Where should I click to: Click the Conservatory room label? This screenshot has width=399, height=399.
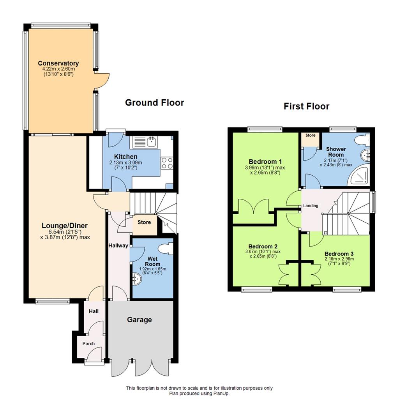58,63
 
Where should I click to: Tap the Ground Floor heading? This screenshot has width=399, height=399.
154,102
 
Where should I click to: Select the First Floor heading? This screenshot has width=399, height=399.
306,106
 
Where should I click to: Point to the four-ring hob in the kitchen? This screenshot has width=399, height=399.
167,163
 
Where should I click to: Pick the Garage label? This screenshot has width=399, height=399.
139,320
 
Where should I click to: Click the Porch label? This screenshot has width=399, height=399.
88,344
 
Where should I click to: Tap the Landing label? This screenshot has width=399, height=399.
311,206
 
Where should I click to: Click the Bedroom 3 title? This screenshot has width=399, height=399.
339,254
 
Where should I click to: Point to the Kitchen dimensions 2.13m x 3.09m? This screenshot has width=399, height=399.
126,162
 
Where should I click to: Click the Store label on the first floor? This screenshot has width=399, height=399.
311,135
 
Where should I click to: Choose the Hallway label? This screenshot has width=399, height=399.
118,245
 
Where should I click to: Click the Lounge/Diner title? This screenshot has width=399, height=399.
65,226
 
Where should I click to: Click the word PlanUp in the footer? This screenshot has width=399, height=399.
221,393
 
